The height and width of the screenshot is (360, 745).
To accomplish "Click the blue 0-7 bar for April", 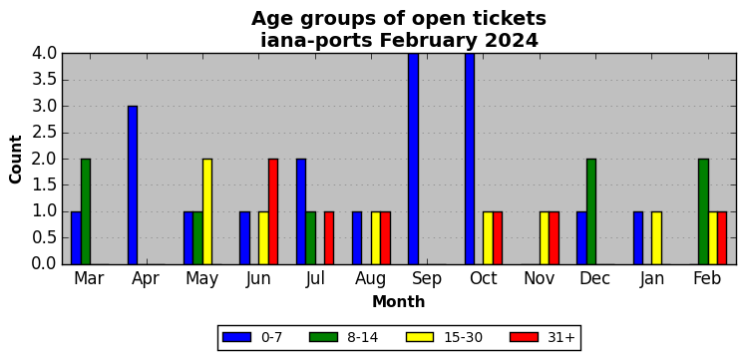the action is click(133, 185).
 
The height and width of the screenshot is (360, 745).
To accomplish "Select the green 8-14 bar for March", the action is click(86, 211).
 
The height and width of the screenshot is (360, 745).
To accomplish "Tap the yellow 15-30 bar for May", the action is click(207, 211).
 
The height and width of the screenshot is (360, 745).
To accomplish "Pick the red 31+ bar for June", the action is click(273, 211).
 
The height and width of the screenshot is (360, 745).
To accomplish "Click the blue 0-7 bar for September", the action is click(413, 160).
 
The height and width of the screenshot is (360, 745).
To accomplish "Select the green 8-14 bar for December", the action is click(591, 211).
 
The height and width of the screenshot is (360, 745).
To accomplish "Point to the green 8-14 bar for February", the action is click(704, 211).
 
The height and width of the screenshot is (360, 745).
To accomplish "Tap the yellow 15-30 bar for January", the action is click(656, 238).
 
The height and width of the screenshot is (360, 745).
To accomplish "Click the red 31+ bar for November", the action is click(554, 238).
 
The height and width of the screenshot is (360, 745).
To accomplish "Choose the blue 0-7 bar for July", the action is click(301, 211).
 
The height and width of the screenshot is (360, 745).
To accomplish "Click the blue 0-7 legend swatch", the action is click(236, 337).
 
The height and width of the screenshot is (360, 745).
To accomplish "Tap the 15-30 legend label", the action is click(463, 337).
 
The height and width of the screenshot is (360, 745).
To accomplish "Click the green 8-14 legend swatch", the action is click(323, 337).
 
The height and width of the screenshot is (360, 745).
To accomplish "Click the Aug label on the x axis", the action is click(371, 279).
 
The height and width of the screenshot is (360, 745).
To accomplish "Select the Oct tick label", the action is click(484, 279).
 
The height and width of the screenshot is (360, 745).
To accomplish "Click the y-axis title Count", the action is click(16, 160).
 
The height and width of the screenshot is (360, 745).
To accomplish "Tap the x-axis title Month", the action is click(399, 302).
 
